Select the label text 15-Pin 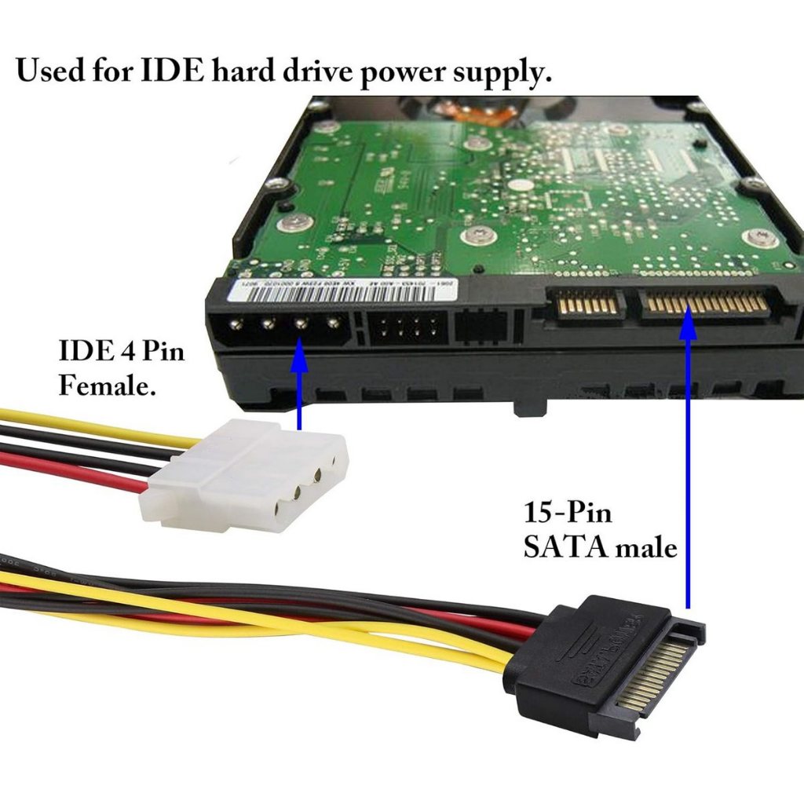[568, 514]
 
